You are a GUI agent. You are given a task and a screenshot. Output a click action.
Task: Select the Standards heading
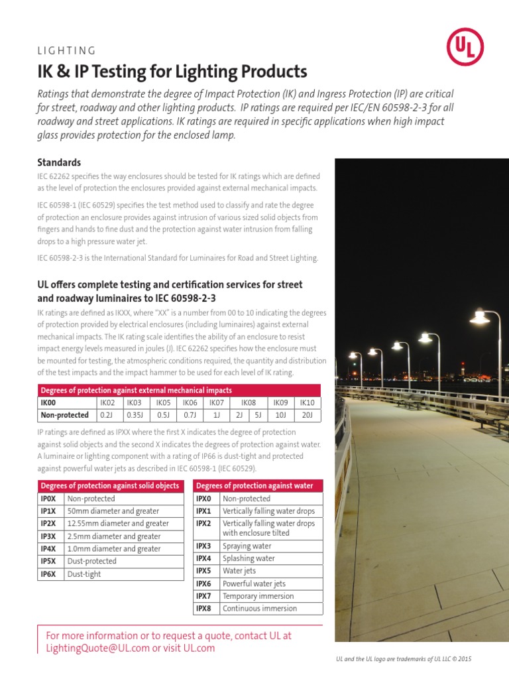59,162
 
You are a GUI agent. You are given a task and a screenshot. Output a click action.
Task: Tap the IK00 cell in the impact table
52,402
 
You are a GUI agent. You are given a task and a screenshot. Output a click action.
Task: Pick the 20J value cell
307,415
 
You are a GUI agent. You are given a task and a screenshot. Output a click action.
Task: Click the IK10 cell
307,402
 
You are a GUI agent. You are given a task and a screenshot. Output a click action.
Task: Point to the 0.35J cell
135,415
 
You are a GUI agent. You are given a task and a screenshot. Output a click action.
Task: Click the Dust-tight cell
84,574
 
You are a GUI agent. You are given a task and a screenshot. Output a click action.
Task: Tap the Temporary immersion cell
258,595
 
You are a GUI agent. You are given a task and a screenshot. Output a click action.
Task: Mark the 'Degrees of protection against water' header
255,485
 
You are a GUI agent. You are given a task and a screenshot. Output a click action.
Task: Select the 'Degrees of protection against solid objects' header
110,485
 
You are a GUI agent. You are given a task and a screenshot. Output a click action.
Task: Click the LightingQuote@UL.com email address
98,648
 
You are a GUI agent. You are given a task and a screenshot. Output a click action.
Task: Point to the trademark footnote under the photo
404,658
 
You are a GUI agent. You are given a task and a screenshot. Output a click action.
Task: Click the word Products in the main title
268,71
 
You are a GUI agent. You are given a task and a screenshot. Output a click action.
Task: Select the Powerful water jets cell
254,584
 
